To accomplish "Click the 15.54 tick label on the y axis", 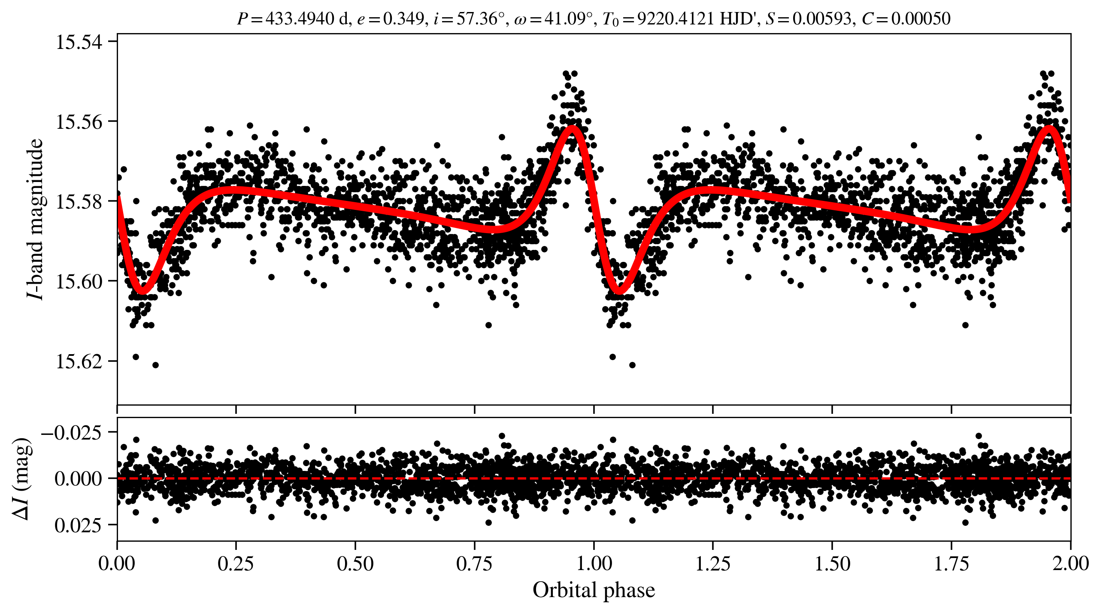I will (x=79, y=42).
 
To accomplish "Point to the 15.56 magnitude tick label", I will (x=79, y=122).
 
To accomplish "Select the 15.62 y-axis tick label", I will (x=79, y=361).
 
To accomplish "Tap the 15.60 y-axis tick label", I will (x=79, y=282).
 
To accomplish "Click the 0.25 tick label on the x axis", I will (x=236, y=563).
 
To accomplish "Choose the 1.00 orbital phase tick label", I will (x=594, y=563).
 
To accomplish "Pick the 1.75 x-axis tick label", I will (x=952, y=563).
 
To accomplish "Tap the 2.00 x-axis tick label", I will (x=1070, y=563).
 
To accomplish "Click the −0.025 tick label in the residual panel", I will (x=71, y=432).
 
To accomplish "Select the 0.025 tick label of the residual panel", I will (x=78, y=525).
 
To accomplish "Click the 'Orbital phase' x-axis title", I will (x=594, y=590).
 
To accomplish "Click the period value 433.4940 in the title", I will (x=300, y=18).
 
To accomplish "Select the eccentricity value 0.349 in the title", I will (x=403, y=18).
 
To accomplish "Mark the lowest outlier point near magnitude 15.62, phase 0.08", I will (x=155, y=365).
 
